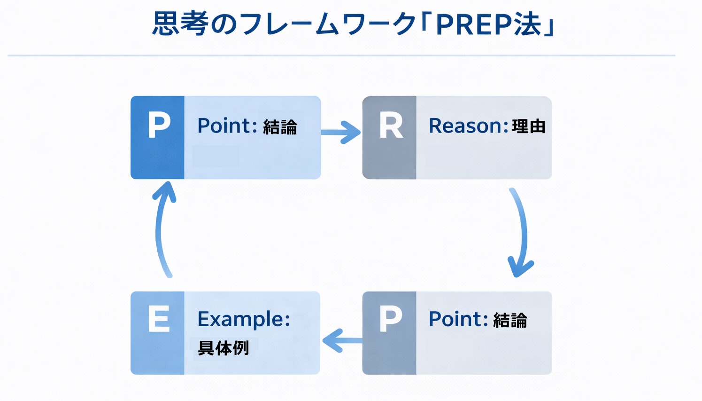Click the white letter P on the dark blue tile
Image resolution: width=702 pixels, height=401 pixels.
[159, 126]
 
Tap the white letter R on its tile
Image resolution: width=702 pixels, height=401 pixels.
[391, 126]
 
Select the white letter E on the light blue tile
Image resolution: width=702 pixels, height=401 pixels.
[159, 319]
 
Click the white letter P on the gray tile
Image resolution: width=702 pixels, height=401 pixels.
[390, 319]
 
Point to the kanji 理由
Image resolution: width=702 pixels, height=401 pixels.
[529, 126]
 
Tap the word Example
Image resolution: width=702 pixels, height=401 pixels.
[243, 319]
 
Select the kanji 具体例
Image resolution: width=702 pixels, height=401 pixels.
[223, 348]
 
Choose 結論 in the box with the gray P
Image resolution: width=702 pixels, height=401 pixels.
[510, 321]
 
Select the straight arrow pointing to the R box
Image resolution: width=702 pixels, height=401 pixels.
[341, 132]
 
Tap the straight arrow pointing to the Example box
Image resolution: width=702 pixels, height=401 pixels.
[342, 340]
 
